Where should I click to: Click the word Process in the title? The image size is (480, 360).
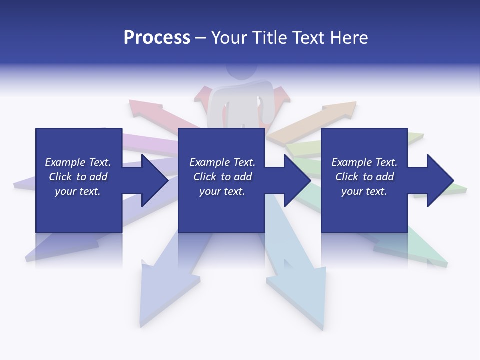pos(157,38)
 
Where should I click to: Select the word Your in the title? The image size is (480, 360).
pos(227,38)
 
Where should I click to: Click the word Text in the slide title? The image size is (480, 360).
pos(307,38)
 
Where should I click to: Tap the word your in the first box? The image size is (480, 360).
pos(65,191)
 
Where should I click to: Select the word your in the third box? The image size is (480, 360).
pos(352,191)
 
